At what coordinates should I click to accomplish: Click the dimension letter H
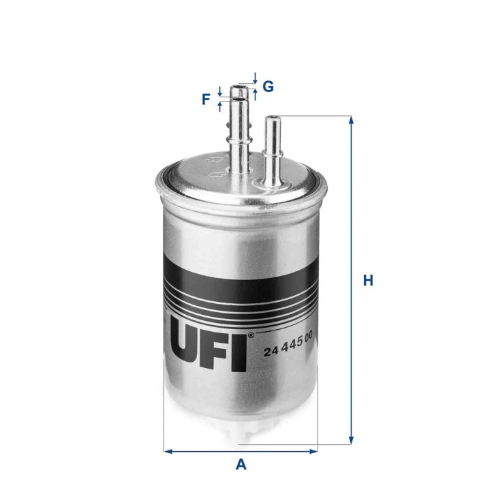point(368,280)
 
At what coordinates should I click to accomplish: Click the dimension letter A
point(241,465)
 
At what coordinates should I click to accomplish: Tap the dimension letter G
point(268,87)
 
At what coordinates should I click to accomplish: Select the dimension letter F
point(206,101)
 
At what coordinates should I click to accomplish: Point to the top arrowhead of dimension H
point(352,120)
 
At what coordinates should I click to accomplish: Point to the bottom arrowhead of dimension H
point(352,439)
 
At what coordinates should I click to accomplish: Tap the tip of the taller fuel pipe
point(240,87)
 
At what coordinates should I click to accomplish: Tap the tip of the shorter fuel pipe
point(273,118)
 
